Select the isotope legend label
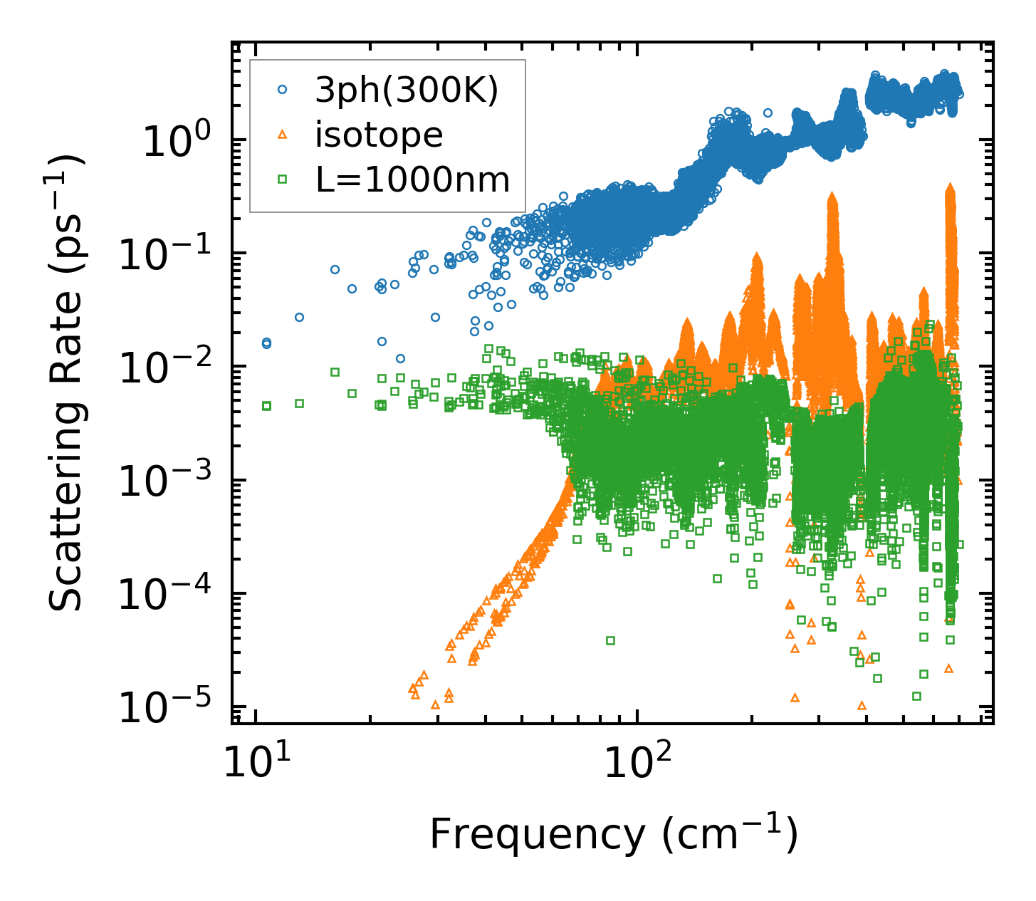point(379,135)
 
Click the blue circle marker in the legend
point(282,90)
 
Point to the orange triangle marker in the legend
point(282,135)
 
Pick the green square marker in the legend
point(282,179)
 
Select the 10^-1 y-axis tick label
point(161,256)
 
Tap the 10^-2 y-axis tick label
point(161,369)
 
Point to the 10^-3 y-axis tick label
point(161,482)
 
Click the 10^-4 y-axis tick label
point(161,595)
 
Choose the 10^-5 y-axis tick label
point(161,709)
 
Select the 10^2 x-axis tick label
point(639,763)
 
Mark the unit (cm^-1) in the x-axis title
point(730,835)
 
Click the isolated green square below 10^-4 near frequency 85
point(610,640)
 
